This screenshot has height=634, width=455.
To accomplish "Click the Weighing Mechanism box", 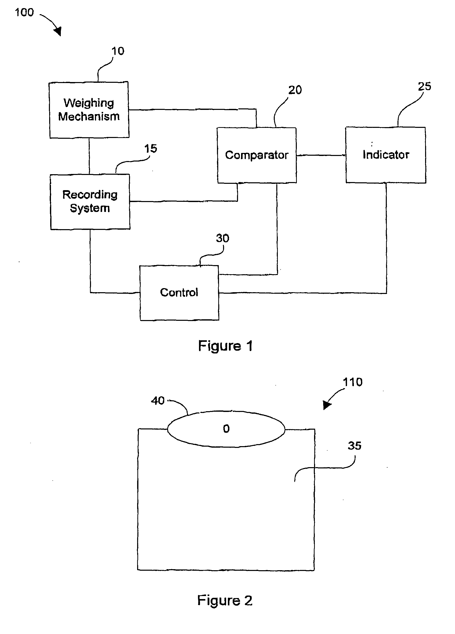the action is (x=89, y=110).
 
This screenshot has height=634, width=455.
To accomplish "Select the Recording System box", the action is (x=90, y=202).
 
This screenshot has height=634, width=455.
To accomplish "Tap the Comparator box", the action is (x=257, y=155).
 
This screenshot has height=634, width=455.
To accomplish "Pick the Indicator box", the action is (x=386, y=155).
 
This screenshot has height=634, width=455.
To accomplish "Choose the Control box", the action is (x=179, y=293).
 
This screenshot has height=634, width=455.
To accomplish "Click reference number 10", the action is (x=118, y=51).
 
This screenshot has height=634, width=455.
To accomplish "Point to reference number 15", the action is (x=151, y=148).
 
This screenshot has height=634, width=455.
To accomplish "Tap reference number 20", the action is (x=295, y=90).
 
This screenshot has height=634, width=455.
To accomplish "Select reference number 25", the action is (x=425, y=86).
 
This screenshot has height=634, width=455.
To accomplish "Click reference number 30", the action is (x=223, y=238).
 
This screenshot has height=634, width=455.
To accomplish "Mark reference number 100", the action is (x=24, y=12).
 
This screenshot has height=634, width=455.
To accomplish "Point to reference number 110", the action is (x=353, y=382).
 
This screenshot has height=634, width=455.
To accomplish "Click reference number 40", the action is (x=158, y=401).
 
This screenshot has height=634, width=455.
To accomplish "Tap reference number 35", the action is (x=355, y=446).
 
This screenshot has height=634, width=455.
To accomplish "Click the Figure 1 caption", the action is (x=225, y=346).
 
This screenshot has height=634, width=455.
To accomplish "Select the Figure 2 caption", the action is (x=225, y=601).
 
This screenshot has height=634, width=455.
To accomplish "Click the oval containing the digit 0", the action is (x=226, y=429).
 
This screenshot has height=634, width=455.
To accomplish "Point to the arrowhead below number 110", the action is (x=327, y=405).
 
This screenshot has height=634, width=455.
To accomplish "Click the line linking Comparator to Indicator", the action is (x=321, y=155).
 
